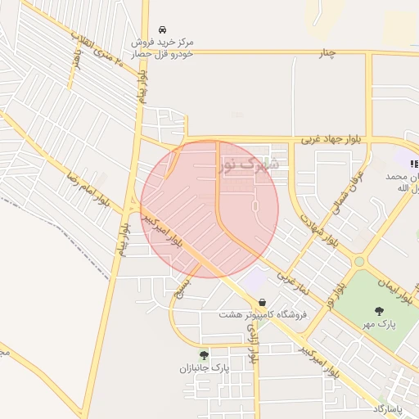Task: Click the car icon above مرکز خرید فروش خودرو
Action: click(162, 29)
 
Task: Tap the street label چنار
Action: click(327, 52)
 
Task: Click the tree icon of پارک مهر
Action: click(379, 310)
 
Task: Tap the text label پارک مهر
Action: click(380, 324)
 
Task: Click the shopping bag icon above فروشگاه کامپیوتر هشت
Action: click(261, 302)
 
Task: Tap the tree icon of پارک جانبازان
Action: click(204, 355)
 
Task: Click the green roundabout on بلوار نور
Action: click(358, 262)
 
